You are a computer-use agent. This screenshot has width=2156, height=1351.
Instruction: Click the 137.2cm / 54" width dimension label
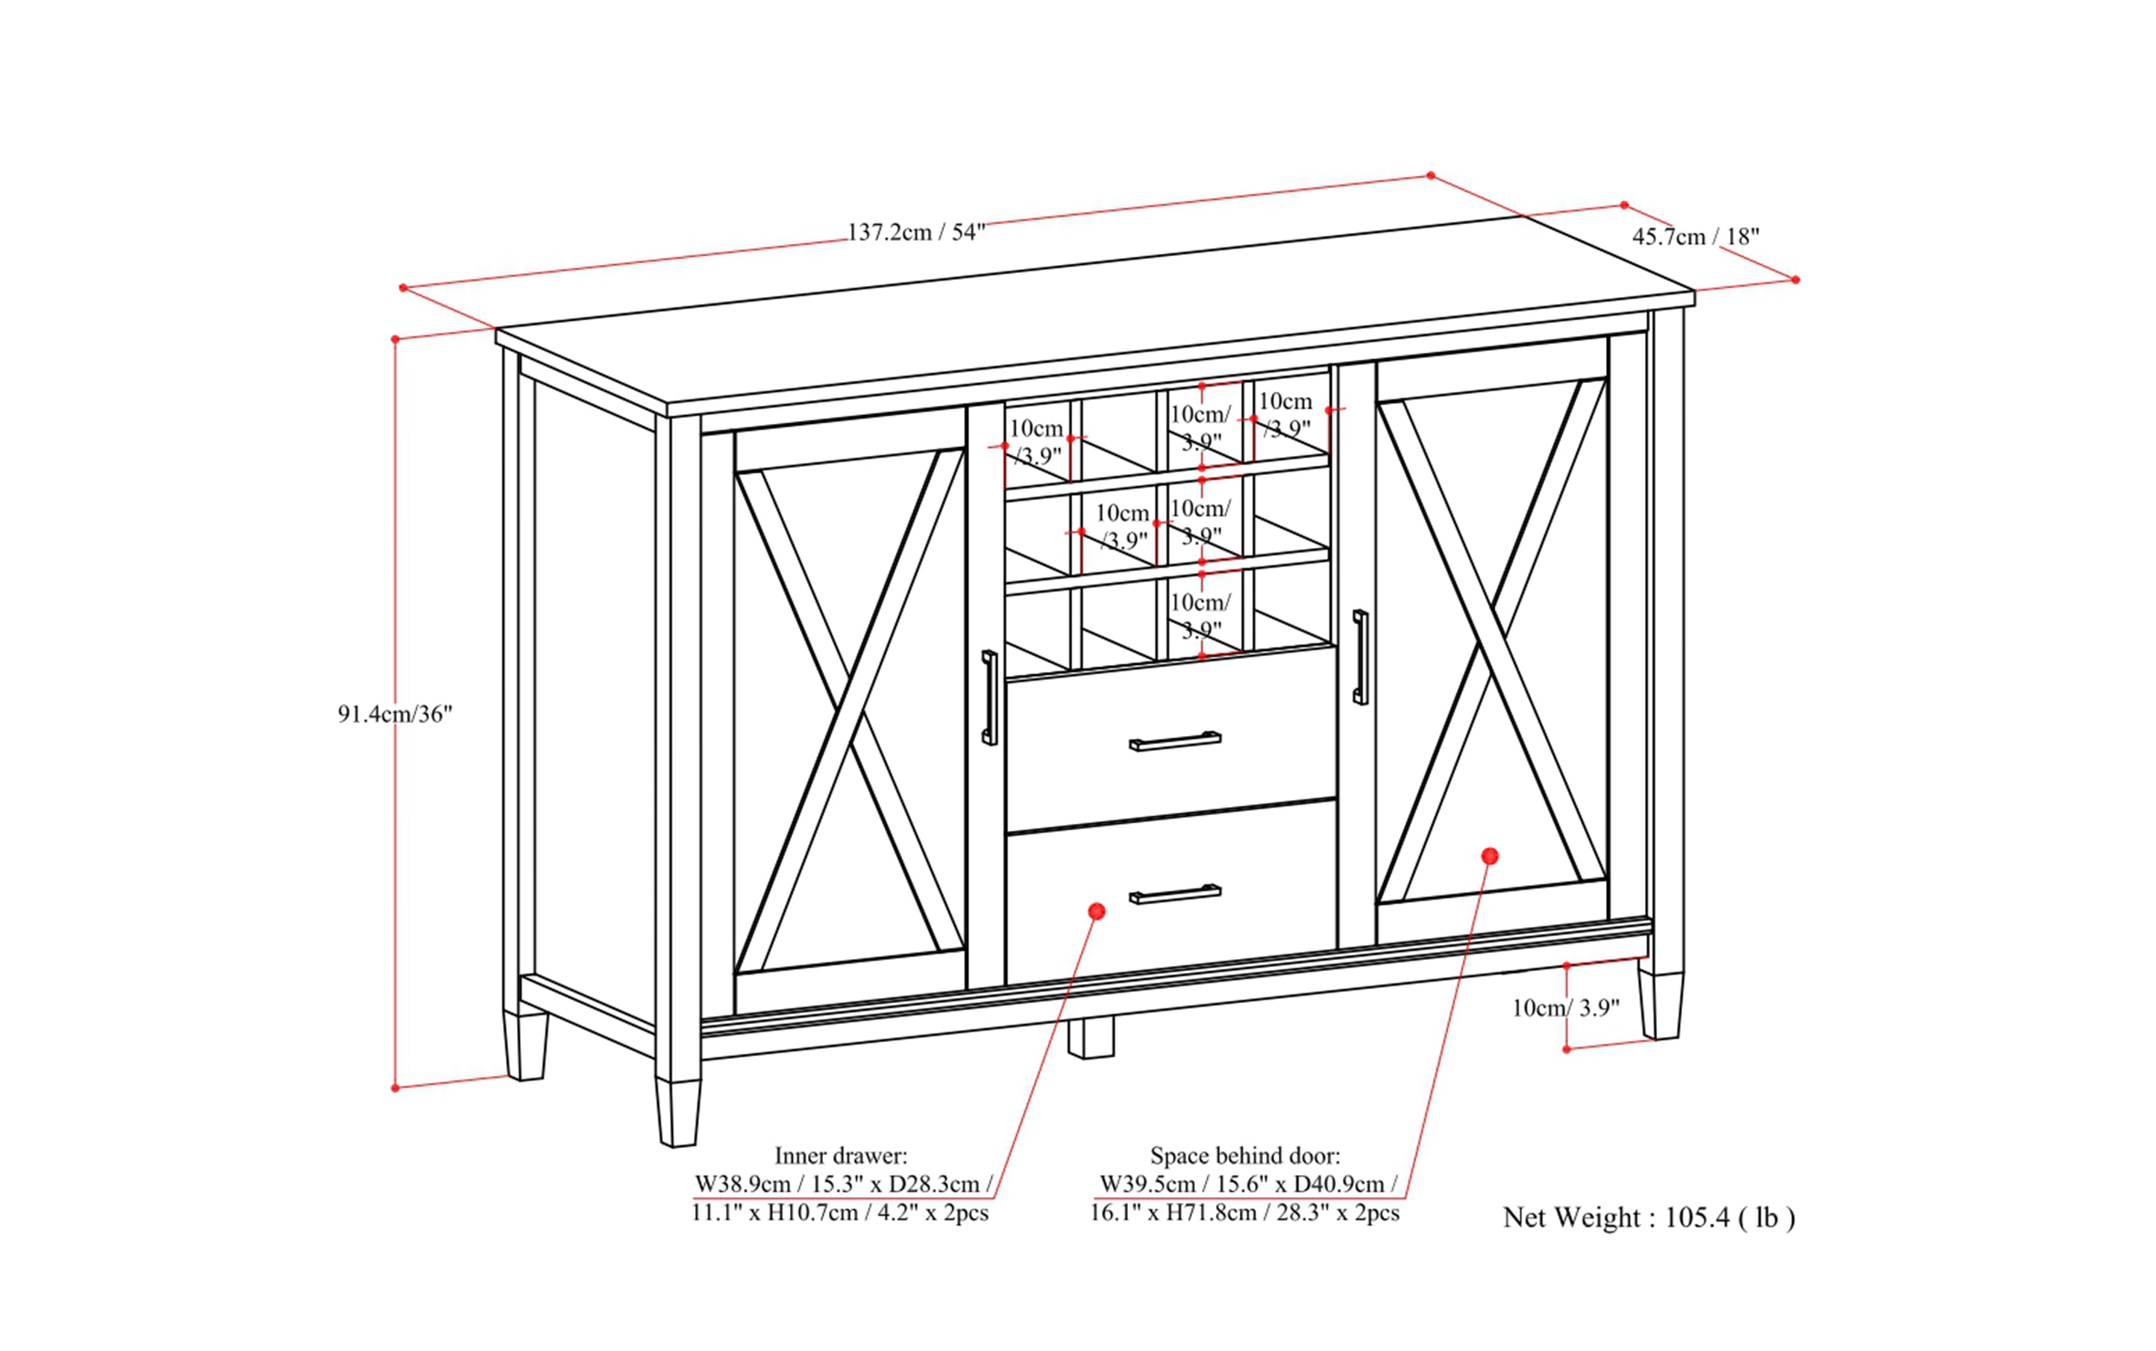coord(915,232)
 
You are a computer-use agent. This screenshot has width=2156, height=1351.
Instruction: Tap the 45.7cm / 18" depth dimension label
coord(1695,237)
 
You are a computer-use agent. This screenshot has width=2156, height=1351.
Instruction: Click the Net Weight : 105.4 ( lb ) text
coord(1649,1218)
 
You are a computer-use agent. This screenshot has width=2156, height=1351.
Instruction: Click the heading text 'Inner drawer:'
coord(841,1155)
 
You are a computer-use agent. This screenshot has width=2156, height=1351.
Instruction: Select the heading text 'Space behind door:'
coord(1245,1155)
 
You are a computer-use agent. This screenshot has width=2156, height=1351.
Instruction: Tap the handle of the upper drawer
coord(1174,740)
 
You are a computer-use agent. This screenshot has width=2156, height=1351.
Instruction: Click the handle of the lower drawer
coord(1174,893)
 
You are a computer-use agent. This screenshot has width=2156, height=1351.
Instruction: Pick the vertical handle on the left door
coord(988,697)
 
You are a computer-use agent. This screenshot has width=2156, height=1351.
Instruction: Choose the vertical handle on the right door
coord(1359,657)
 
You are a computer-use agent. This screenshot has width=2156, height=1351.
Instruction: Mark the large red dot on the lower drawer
coord(1097,911)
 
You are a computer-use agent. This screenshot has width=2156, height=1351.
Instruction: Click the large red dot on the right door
coord(1489,856)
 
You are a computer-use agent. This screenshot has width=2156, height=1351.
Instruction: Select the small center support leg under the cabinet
coord(1091,1038)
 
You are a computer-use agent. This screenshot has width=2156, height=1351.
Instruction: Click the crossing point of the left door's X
coord(850,711)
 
